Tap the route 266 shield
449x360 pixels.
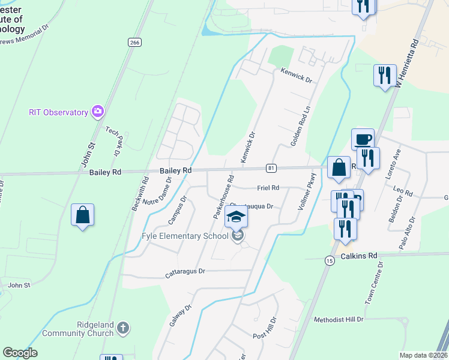coord(134,42)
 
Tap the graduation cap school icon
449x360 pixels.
coord(236,217)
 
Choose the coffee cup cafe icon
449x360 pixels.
coord(363,140)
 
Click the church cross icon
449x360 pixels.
coord(123,328)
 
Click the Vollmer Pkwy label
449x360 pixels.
coord(306,191)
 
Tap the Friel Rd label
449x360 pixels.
coord(268,188)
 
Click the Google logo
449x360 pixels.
coord(20,353)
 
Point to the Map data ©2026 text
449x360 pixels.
coord(423,355)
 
